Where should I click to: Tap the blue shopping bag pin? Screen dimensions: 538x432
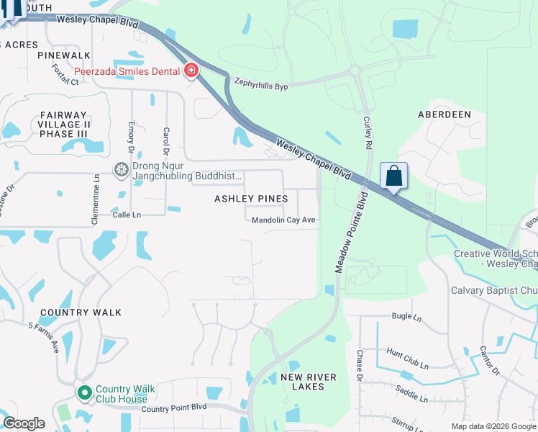coord(393,176)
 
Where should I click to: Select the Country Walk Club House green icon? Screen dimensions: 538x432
coord(84,393)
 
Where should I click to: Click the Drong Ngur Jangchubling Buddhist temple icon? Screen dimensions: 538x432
coord(122,170)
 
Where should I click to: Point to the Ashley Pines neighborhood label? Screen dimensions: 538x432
coord(252,199)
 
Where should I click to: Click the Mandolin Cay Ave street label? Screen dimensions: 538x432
coord(283,220)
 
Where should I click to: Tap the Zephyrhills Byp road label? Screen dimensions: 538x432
coord(260,86)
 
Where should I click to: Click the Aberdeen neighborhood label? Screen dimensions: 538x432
coord(444,114)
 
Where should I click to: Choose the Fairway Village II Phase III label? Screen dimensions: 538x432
coord(63,124)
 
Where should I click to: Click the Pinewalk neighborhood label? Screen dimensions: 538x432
coord(64,55)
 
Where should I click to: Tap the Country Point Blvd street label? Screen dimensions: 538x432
coord(174,408)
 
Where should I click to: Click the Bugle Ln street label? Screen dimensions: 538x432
coord(406,316)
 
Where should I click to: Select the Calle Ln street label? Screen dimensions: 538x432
coord(127,215)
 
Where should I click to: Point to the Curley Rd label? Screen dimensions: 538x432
coord(368,133)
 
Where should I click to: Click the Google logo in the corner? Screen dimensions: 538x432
coord(24,423)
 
